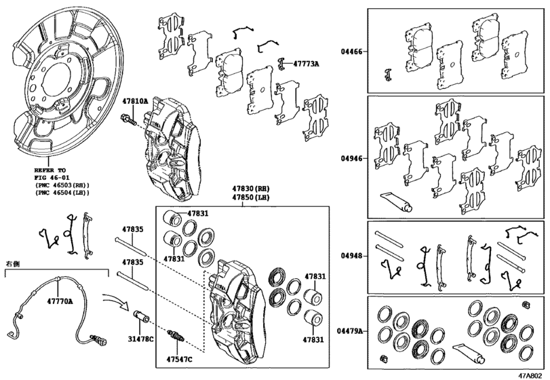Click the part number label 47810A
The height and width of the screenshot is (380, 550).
point(135,102)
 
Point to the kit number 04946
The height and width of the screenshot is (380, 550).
point(351,158)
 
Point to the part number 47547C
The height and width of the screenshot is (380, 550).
point(180,358)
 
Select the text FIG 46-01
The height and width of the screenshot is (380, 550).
point(52,177)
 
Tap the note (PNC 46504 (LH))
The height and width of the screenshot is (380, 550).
point(62,193)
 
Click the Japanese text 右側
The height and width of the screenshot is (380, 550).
point(13,261)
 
